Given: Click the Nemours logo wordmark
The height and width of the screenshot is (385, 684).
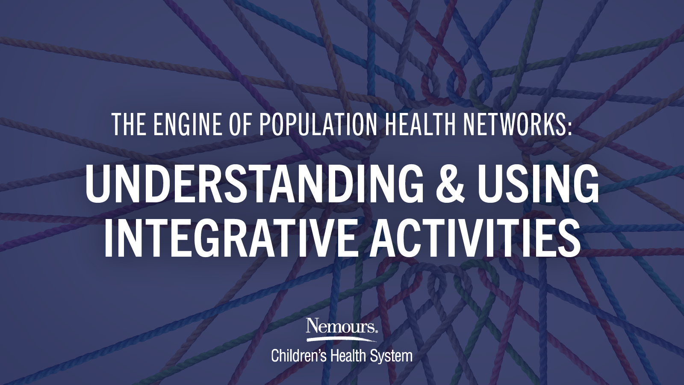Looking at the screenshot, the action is [x=340, y=326].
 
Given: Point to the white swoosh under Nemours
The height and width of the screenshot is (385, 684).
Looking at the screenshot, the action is [x=342, y=338].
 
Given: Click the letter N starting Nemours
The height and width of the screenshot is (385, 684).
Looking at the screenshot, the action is [x=313, y=325].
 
